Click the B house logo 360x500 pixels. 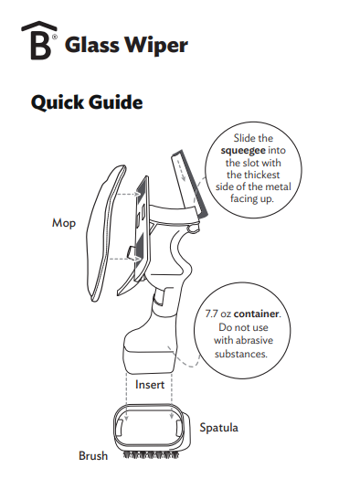coord(39,40)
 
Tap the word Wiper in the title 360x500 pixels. coord(156,46)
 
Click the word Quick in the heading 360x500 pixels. coord(57,102)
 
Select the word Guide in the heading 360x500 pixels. coord(115,102)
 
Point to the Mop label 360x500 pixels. coord(64,223)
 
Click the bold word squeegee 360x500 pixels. coord(243,151)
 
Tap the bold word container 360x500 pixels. coord(257,314)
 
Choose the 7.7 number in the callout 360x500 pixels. coord(211,314)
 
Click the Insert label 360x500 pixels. coord(150,385)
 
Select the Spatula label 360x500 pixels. coord(218,428)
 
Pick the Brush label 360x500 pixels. coord(93,456)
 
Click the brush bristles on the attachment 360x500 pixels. coord(151,455)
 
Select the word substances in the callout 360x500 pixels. coord(240,354)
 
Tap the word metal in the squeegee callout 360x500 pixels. coord(280,186)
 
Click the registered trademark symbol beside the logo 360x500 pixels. coord(55,37)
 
